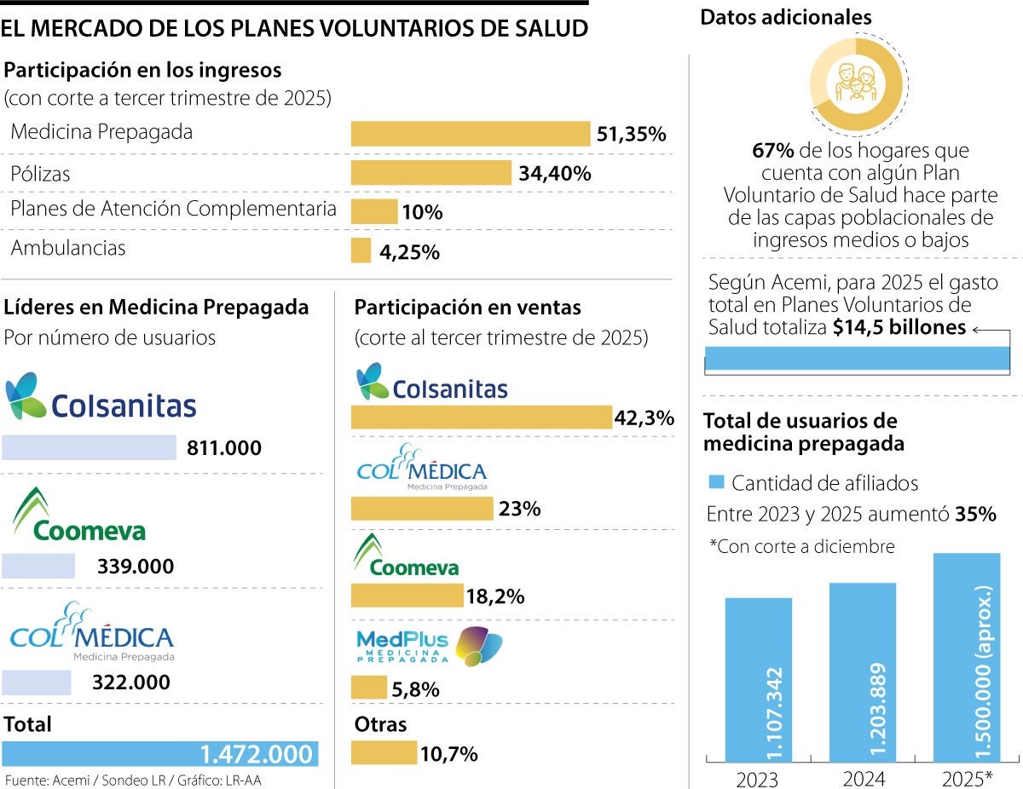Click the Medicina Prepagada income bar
click(x=471, y=134)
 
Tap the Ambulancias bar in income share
click(x=361, y=251)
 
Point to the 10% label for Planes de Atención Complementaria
click(x=422, y=212)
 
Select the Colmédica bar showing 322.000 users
click(x=37, y=682)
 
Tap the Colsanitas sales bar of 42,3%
click(x=482, y=418)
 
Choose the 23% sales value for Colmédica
click(x=520, y=510)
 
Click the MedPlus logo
click(x=429, y=647)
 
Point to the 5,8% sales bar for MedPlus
click(x=369, y=688)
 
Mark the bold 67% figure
click(x=773, y=152)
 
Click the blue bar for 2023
click(x=759, y=679)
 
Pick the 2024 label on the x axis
click(x=863, y=777)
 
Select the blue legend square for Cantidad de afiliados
click(x=716, y=483)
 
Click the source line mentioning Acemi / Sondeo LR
click(x=131, y=780)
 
